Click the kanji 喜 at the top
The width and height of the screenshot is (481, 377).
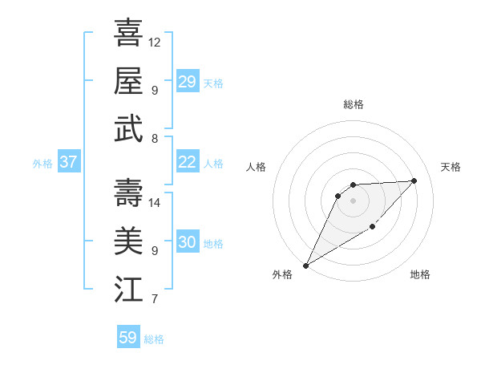click(x=128, y=33)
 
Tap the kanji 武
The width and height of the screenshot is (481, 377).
click(x=128, y=128)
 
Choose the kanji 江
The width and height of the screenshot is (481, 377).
click(x=128, y=289)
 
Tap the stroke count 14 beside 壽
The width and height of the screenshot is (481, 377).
click(x=155, y=202)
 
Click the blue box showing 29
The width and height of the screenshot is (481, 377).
click(x=187, y=82)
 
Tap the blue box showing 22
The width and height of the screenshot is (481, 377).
click(x=187, y=162)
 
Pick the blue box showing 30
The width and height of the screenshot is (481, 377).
click(x=187, y=242)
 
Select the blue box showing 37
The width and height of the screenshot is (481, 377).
click(x=68, y=162)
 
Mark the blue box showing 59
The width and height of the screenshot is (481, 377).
click(x=128, y=338)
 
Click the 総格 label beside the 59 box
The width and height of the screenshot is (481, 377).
click(x=154, y=339)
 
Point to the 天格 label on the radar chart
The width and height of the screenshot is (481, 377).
click(x=451, y=167)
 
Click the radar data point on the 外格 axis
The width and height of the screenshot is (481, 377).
click(x=305, y=265)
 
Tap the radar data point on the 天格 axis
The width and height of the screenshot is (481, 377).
click(x=414, y=180)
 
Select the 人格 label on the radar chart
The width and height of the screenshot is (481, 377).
click(x=257, y=167)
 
